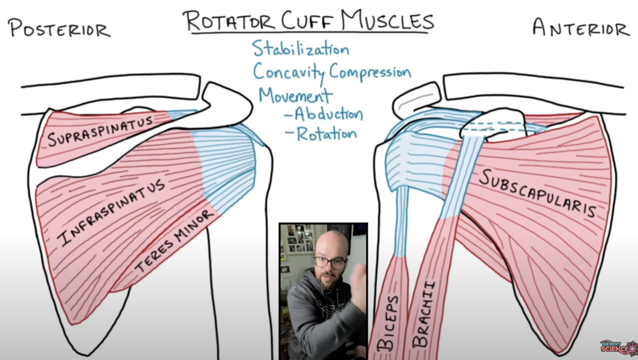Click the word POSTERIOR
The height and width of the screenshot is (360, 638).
coord(59,28)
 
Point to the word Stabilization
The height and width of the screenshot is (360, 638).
coord(300,49)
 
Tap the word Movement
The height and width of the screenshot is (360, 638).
coord(295,95)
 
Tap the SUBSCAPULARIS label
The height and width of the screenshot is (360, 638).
coord(538,193)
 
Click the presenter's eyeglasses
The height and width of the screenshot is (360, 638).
coord(329,262)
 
